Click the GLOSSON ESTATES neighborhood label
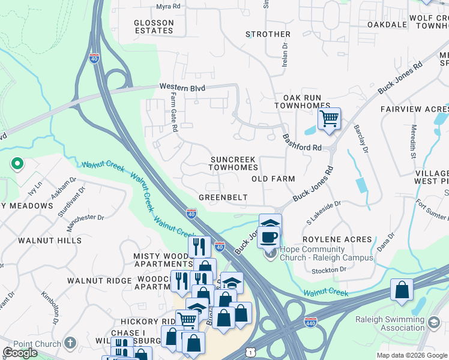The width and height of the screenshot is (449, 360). [154, 26]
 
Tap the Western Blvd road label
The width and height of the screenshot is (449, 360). [182, 88]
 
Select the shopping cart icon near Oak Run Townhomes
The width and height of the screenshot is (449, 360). [329, 118]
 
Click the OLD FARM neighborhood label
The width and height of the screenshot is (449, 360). [273, 179]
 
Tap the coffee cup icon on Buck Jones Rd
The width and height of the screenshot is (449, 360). [269, 236]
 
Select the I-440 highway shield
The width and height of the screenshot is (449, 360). [310, 322]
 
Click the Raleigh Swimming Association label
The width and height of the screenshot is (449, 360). [398, 323]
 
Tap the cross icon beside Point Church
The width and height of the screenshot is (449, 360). [70, 343]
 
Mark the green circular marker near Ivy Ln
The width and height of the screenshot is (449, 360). [17, 163]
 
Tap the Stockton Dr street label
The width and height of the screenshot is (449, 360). [330, 269]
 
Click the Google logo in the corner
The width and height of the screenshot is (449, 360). [20, 353]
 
